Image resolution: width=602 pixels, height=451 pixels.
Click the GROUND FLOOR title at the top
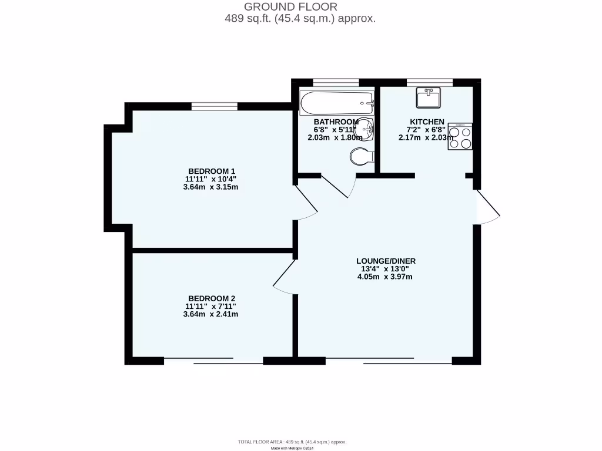pyautogui.click(x=290, y=7)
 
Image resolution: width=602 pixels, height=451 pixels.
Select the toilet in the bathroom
pyautogui.click(x=360, y=156)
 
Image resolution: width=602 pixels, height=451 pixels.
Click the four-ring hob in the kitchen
pyautogui.click(x=460, y=136)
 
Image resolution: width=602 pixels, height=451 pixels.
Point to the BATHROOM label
pyautogui.click(x=336, y=122)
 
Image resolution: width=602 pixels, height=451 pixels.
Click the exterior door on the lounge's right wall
pyautogui.click(x=487, y=207)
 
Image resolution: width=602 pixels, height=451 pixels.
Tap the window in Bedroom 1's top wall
pyautogui.click(x=215, y=106)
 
